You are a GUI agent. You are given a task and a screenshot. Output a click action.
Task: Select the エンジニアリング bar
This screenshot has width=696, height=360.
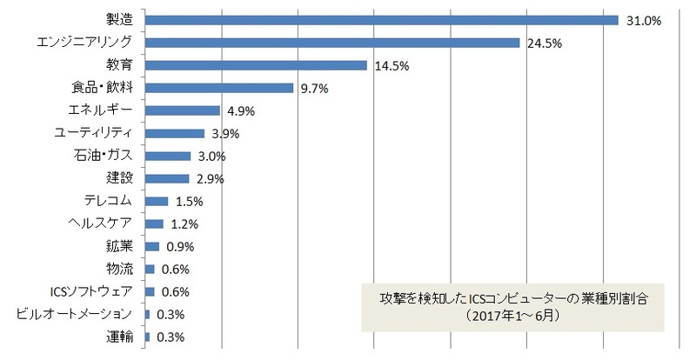coord(332,43)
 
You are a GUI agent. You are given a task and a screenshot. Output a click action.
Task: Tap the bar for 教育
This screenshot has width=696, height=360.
coord(256,65)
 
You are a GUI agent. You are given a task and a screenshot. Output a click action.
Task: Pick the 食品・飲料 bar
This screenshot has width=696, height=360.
coord(219,88)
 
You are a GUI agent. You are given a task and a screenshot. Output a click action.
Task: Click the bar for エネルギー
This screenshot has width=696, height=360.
coord(183,110)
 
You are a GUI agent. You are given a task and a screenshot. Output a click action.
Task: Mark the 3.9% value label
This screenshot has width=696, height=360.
coord(224,134)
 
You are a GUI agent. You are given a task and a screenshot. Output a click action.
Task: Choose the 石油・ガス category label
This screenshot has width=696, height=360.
coord(103,156)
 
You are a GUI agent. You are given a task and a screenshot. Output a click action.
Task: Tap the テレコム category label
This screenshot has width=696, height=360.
coord(107,201)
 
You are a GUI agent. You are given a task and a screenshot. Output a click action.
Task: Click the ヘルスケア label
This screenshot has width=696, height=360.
coord(102,223)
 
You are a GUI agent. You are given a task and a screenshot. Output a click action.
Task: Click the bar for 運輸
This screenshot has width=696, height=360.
coord(148,337)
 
